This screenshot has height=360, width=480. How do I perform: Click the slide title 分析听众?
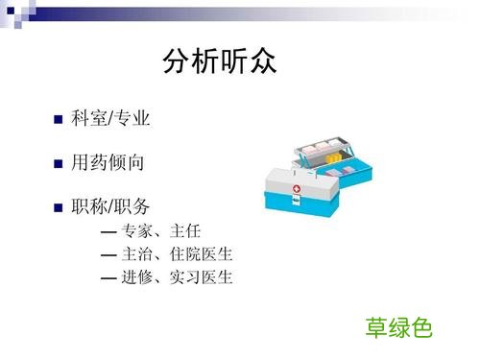tap(220, 62)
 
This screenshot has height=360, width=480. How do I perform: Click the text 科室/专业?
tap(110, 119)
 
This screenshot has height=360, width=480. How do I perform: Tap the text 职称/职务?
tap(110, 206)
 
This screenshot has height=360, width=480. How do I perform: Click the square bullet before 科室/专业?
tap(58, 121)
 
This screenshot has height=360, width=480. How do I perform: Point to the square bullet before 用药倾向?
tap(58, 164)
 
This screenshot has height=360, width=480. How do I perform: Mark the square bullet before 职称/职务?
tap(58, 208)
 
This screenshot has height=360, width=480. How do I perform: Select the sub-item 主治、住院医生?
tap(178, 254)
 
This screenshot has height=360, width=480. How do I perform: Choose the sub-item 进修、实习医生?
tap(178, 278)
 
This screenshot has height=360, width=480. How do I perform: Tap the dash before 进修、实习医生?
tap(108, 279)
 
